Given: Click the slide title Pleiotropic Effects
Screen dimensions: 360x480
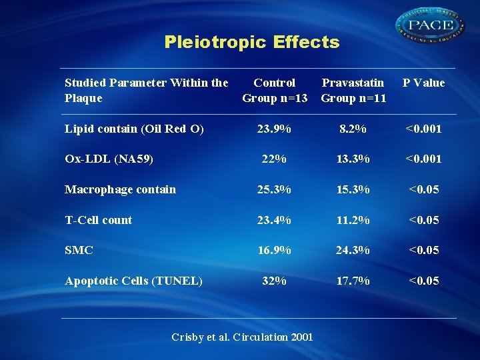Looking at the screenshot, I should tap(251, 43).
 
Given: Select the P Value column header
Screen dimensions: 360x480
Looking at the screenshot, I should tap(423, 83).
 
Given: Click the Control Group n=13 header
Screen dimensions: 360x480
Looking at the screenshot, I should tap(275, 91).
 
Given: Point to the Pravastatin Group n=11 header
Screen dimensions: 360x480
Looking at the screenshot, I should tap(353, 91).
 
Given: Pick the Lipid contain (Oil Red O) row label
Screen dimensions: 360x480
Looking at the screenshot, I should tap(134, 129).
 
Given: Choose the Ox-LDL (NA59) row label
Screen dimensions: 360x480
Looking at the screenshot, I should tap(109, 159).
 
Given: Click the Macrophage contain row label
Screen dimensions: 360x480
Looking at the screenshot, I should tap(120, 189).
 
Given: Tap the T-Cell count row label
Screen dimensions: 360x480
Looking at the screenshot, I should tap(98, 220).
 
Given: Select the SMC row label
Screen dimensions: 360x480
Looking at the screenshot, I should tap(79, 250).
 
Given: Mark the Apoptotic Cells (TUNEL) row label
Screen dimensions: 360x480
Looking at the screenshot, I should tap(133, 281).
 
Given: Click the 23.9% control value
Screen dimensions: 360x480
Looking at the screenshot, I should tap(274, 129).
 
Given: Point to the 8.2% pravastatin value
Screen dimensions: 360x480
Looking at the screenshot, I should tap(353, 129).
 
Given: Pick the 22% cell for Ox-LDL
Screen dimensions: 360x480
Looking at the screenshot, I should tap(274, 159).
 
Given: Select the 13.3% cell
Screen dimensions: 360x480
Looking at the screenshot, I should tap(353, 159).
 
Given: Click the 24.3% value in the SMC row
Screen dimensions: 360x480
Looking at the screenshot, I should tap(353, 250).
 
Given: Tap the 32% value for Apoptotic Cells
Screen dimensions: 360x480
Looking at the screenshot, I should tap(274, 281).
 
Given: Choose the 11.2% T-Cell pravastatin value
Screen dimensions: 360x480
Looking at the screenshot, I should tap(353, 220).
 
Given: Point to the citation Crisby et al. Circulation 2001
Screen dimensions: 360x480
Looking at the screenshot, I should tap(242, 337).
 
